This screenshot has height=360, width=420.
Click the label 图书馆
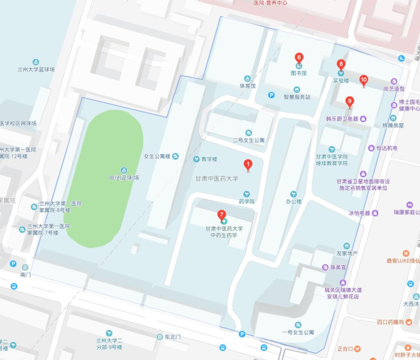[299, 73]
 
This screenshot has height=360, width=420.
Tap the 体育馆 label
[247, 86]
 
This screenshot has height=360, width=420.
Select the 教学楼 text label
[209, 159]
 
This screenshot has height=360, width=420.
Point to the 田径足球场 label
[124, 178]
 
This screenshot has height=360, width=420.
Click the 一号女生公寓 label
[298, 332]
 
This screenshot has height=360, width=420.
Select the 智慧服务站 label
[297, 97]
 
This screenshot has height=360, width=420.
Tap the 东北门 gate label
[172, 337]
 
